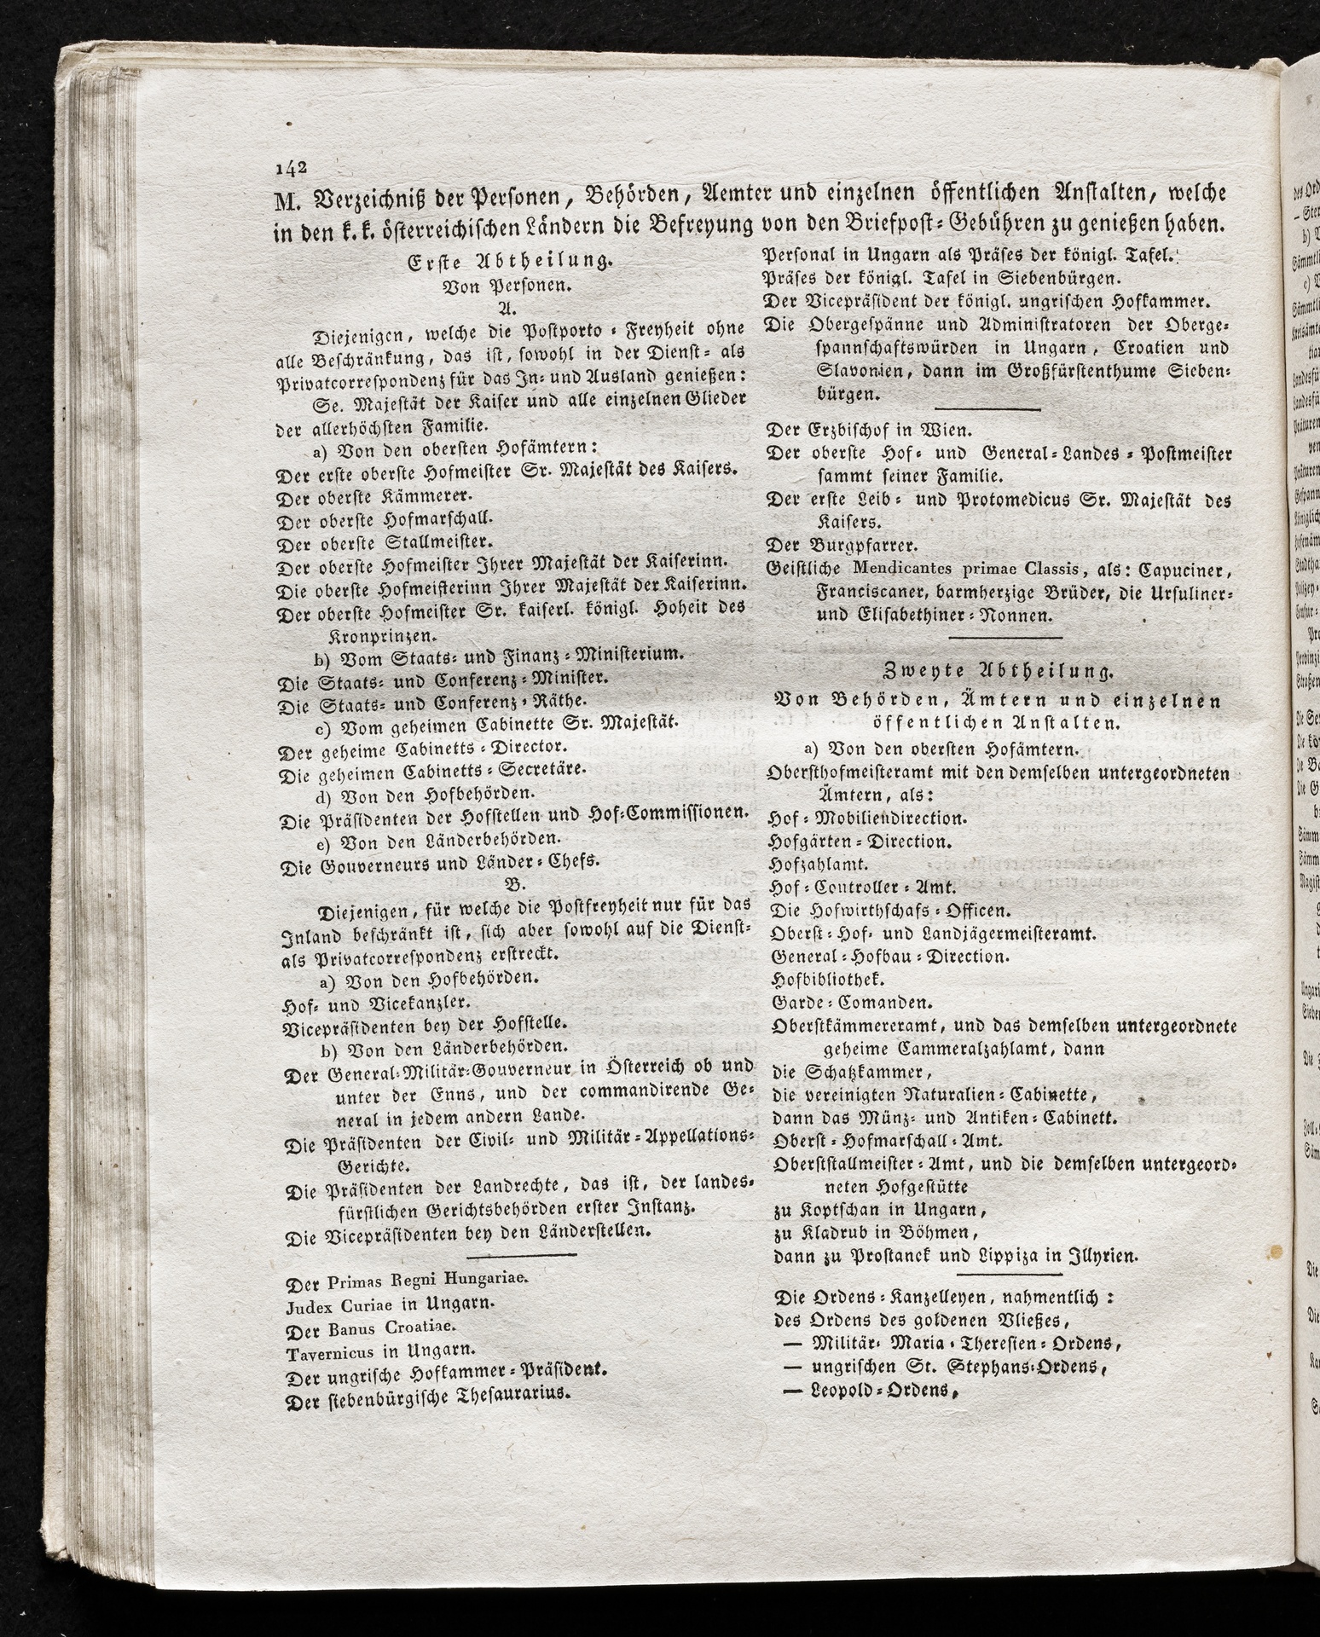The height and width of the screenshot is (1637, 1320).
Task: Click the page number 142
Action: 292,166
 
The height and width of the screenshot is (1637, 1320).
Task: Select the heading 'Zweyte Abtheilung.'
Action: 997,671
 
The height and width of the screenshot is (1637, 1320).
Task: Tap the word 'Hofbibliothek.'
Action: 816,978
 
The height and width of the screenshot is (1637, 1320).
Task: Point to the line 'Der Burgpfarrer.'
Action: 841,544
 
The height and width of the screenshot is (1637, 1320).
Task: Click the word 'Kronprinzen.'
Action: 384,635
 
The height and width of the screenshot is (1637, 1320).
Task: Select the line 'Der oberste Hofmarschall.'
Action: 390,518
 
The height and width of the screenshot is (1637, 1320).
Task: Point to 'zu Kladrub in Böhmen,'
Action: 874,1232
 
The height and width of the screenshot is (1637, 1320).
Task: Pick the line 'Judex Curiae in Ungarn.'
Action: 389,1304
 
